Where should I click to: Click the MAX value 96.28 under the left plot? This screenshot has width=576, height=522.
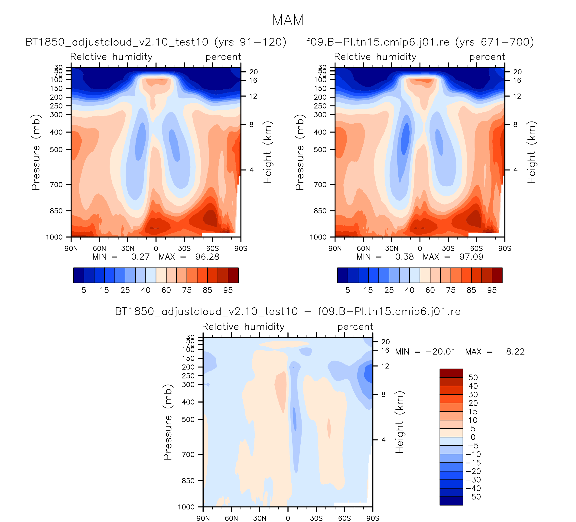point(207,257)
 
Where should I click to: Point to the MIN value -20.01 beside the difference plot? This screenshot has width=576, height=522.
point(441,352)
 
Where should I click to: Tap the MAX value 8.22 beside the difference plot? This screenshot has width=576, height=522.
point(515,352)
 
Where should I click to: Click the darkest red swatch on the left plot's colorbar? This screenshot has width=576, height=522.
point(233,275)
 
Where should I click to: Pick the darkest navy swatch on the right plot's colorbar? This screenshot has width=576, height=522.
point(343,275)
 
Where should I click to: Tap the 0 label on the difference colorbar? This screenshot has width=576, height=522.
point(473,437)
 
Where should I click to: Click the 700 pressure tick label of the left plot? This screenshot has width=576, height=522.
point(56,185)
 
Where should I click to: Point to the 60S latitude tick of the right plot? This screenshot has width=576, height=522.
point(476,248)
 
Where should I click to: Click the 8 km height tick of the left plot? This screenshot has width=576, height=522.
point(251,125)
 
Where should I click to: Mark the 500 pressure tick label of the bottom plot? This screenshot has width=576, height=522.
point(188,420)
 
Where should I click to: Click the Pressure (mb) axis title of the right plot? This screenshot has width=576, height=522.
point(299,152)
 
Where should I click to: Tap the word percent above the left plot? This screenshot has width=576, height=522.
point(223,57)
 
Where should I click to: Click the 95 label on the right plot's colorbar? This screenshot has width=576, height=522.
point(492,290)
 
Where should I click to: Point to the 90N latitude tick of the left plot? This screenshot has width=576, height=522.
point(71,248)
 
